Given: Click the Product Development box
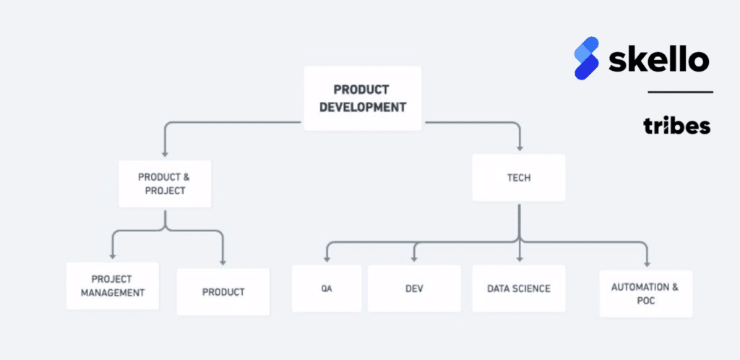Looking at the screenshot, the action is pyautogui.click(x=363, y=98).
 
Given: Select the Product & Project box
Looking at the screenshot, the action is pyautogui.click(x=165, y=184).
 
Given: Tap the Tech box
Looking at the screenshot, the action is pyautogui.click(x=519, y=178).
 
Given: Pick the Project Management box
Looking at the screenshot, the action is pyautogui.click(x=112, y=286).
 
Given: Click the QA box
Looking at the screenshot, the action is pyautogui.click(x=327, y=288).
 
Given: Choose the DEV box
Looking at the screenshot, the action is pyautogui.click(x=414, y=288).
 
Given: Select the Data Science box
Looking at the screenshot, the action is pyautogui.click(x=519, y=288).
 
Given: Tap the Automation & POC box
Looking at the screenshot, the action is pyautogui.click(x=646, y=293).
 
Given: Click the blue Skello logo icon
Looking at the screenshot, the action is pyautogui.click(x=587, y=58).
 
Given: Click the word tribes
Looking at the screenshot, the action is pyautogui.click(x=676, y=126).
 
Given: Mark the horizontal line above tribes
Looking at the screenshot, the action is pyautogui.click(x=680, y=92).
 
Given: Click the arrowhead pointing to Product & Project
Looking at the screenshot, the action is pyautogui.click(x=165, y=153).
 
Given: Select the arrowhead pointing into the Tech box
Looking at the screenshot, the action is pyautogui.click(x=520, y=147).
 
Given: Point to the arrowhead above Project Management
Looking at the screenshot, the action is pyautogui.click(x=112, y=255).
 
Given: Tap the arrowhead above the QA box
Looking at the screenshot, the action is pyautogui.click(x=326, y=258).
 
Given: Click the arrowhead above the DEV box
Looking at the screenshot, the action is pyautogui.click(x=414, y=258).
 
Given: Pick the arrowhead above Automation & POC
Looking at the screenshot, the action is pyautogui.click(x=647, y=263).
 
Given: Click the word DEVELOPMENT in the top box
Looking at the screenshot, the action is pyautogui.click(x=363, y=107).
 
